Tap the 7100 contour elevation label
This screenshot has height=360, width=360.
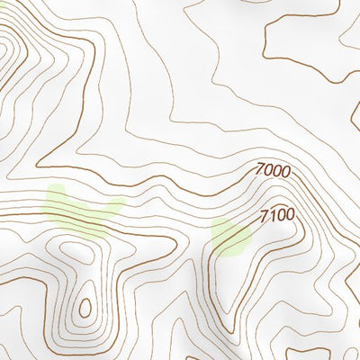click(277, 216)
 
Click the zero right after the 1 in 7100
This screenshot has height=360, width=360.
click(281, 216)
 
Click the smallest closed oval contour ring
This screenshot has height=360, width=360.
click(85, 309)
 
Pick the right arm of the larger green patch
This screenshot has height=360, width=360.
click(112, 209)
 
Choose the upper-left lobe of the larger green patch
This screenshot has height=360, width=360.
click(56, 194)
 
